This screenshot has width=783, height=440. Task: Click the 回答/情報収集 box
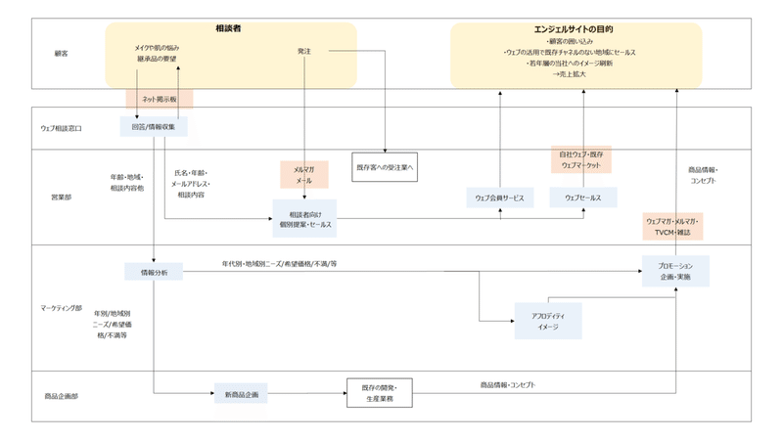coord(154,126)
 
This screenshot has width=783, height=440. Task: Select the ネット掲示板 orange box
coord(159,99)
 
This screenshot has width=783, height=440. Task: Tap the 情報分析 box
coord(154,272)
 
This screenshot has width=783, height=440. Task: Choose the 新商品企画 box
coord(240,394)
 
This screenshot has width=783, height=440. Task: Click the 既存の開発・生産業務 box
coord(380,393)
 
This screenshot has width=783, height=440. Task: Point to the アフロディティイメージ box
coord(548,322)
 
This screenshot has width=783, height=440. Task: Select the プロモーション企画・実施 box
coord(675,271)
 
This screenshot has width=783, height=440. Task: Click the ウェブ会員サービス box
coord(500,198)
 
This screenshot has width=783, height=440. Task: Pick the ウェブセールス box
coord(582,198)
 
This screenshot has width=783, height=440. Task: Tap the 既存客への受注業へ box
coord(385,167)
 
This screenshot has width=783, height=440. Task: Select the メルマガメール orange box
coord(303,174)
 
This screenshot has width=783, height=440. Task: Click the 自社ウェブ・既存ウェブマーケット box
coord(581,160)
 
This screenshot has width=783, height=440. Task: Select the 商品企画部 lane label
coord(61,396)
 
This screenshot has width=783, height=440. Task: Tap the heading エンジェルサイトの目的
coord(576,30)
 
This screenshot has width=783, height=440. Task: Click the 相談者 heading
coord(229,30)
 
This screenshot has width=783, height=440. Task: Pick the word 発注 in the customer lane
coord(304,51)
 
